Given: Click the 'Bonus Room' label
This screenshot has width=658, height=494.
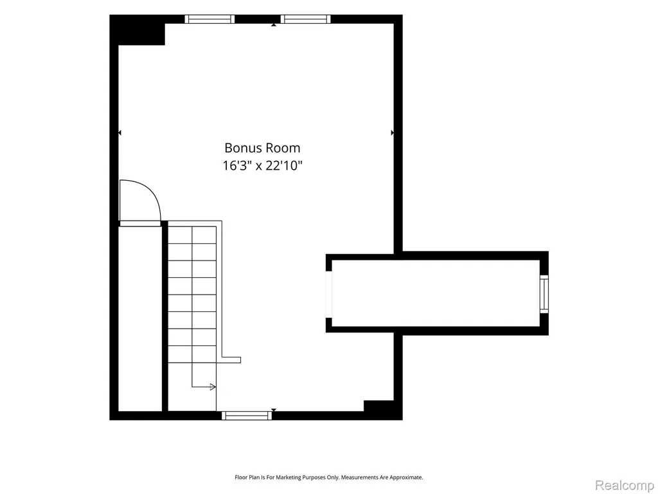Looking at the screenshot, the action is pyautogui.click(x=262, y=148).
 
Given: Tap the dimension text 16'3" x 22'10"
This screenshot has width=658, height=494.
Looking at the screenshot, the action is pyautogui.click(x=262, y=165).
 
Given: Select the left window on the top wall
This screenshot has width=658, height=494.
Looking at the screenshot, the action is pyautogui.click(x=209, y=19).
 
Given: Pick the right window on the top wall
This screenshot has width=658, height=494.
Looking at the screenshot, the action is pyautogui.click(x=305, y=19).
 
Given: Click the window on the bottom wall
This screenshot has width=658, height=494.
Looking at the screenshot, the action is pyautogui.click(x=247, y=416).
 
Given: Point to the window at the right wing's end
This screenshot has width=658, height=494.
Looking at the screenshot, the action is pyautogui.click(x=544, y=294).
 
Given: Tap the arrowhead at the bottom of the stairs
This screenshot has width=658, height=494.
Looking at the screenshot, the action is pyautogui.click(x=213, y=387).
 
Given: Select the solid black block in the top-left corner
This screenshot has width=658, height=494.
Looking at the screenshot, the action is pyautogui.click(x=138, y=30).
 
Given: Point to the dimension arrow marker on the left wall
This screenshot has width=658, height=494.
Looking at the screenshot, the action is pyautogui.click(x=120, y=133).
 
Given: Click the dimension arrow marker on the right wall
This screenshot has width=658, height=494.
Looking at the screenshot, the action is pyautogui.click(x=393, y=133).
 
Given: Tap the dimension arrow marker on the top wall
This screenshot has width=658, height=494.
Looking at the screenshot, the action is pyautogui.click(x=274, y=25).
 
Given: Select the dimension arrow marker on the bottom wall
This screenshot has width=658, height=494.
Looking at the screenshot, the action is pyautogui.click(x=274, y=410).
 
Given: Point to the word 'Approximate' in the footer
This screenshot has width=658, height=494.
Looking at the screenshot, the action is pyautogui.click(x=406, y=477).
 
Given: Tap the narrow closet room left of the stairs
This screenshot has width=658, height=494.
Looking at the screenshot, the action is pyautogui.click(x=140, y=319).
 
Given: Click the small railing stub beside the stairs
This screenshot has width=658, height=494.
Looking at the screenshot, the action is pyautogui.click(x=231, y=360).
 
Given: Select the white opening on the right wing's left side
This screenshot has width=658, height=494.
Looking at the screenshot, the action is pyautogui.click(x=329, y=294).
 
